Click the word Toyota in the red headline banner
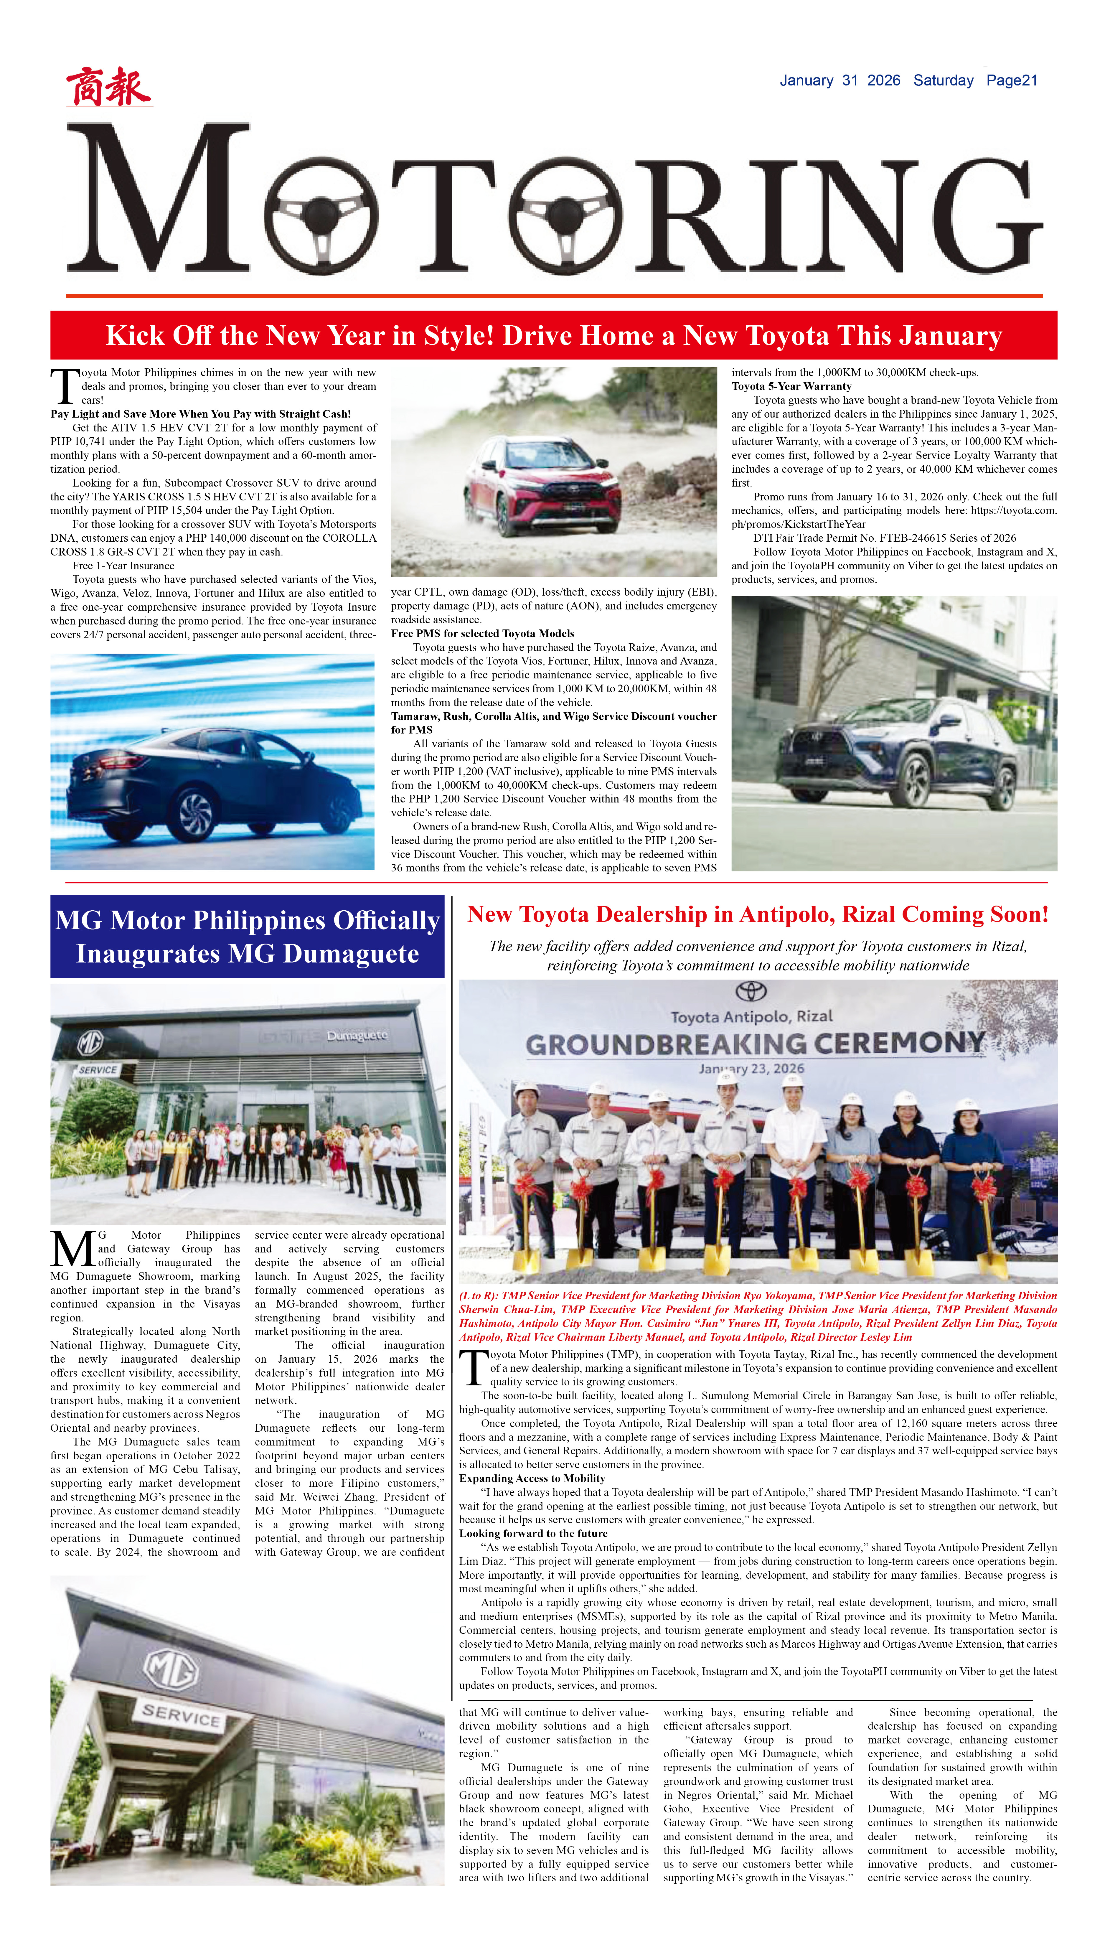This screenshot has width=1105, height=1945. point(787,335)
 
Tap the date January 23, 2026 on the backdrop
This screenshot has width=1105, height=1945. point(751,1069)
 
